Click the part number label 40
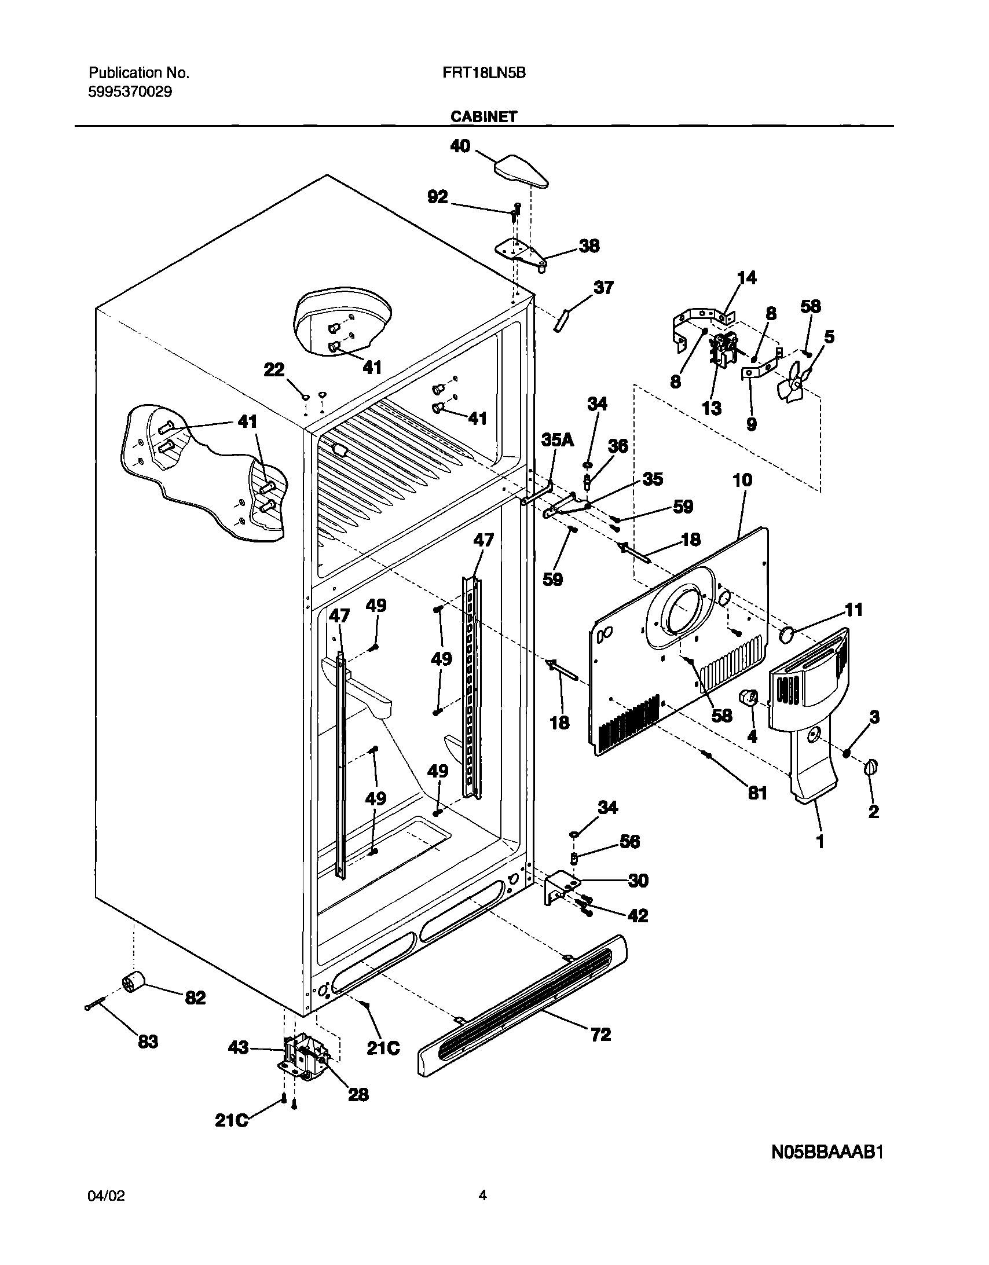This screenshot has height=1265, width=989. tap(460, 146)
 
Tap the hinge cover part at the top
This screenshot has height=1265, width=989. tap(521, 171)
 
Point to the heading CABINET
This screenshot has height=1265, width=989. tap(483, 116)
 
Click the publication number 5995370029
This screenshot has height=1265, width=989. tap(130, 91)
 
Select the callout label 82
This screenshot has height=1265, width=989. tap(195, 998)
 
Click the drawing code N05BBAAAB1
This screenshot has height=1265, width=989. tap(827, 1153)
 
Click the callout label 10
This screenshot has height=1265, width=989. tap(742, 479)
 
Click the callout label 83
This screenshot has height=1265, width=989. tap(148, 1042)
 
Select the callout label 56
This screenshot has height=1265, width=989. tap(629, 842)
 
